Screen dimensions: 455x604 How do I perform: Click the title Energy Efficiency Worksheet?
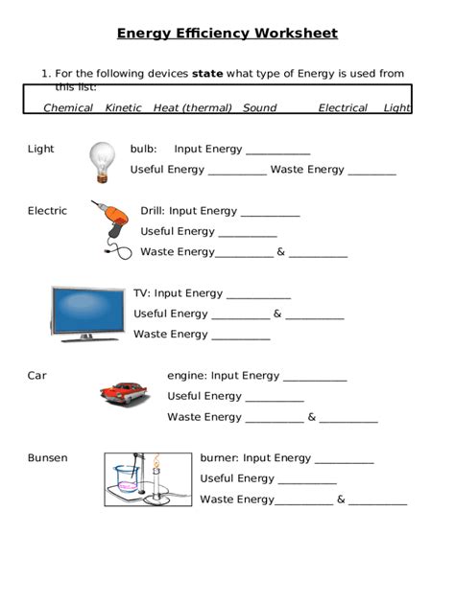tap(227, 34)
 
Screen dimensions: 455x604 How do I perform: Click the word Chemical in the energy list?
tap(68, 108)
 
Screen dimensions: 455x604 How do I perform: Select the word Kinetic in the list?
tap(123, 108)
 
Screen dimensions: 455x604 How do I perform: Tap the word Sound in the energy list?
tap(259, 108)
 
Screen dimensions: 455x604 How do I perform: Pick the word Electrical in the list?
tap(343, 108)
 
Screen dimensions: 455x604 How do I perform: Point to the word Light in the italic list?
tap(396, 108)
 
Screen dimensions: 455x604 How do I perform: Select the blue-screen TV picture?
tap(87, 313)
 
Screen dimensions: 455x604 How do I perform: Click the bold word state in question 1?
tap(207, 74)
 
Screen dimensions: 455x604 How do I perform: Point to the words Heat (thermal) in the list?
tap(192, 108)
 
